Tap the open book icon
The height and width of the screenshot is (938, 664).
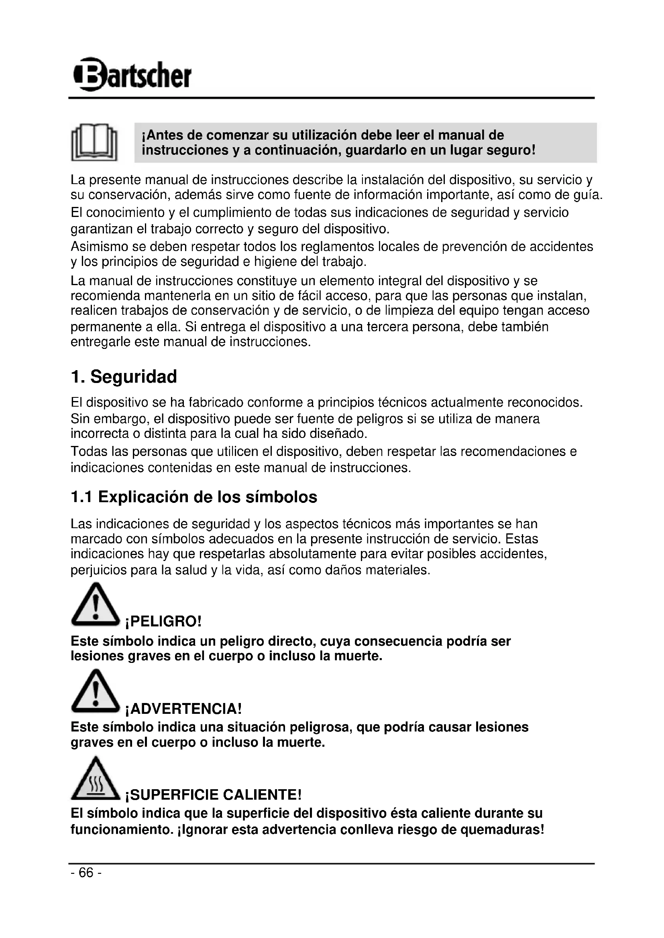pyautogui.click(x=94, y=143)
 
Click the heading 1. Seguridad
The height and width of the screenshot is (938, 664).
pyautogui.click(x=124, y=376)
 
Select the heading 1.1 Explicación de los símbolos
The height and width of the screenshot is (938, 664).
pyautogui.click(x=194, y=497)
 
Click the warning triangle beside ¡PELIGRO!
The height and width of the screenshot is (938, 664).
pyautogui.click(x=95, y=605)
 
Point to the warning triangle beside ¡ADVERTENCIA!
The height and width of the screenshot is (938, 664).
pyautogui.click(x=95, y=691)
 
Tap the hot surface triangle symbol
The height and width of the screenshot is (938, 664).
pyautogui.click(x=95, y=778)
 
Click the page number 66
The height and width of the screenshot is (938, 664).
pyautogui.click(x=86, y=873)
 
